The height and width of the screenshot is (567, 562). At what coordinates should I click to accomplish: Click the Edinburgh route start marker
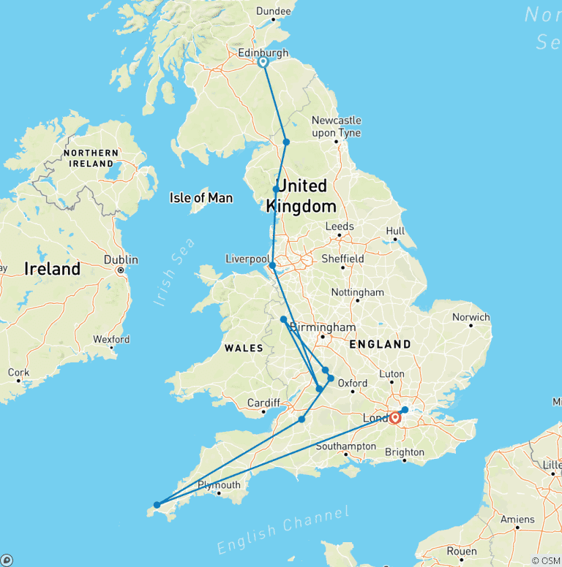point(263,63)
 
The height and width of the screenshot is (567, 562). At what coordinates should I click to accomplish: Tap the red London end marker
point(395,419)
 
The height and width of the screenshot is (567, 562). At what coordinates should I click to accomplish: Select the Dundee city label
point(274,11)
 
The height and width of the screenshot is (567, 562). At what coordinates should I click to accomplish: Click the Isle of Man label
point(201,198)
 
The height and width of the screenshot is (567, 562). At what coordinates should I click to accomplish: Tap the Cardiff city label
point(263,403)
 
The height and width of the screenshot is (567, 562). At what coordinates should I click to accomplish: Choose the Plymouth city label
point(219,485)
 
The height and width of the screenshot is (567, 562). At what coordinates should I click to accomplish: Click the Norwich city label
point(471,317)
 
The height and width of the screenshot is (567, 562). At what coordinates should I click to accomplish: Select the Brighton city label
point(404,452)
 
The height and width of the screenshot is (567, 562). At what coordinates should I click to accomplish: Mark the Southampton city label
point(346,446)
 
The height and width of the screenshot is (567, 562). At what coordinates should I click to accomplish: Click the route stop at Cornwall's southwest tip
point(157,504)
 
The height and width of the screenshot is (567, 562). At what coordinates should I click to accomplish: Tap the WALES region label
point(244,349)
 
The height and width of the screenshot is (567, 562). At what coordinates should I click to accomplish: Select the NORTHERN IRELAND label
point(91,158)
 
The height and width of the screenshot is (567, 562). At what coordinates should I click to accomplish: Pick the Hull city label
point(395,232)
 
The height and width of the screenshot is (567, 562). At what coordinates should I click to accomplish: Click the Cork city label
point(18,373)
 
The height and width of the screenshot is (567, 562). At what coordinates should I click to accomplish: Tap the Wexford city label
point(111,340)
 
